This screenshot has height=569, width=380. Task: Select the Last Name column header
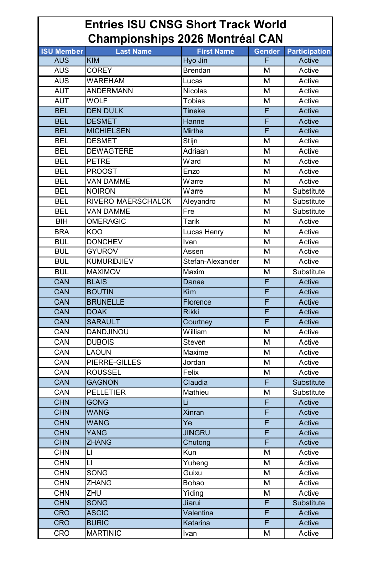pos(133,51)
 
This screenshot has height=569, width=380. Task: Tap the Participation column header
pos(309,51)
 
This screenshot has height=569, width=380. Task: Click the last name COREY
pos(99,70)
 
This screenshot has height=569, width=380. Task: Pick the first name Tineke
pos(194,111)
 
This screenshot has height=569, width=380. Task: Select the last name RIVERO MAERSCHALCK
pos(129,201)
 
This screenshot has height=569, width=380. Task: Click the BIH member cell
pos(62,221)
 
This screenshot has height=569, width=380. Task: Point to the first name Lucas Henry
pos(203,232)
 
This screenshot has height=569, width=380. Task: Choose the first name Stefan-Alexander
pos(211,261)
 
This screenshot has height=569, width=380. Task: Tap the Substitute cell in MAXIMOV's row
pos(309,272)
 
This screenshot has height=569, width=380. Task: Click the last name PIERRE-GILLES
pos(114,362)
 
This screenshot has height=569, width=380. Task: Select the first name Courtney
pos(198,322)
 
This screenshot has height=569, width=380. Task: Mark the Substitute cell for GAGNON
pos(309,382)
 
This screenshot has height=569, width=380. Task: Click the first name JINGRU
pos(197,433)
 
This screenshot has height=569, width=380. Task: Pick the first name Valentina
pos(198,513)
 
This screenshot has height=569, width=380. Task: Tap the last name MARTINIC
pos(104,533)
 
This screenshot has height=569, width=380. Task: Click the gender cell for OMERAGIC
pos(267,221)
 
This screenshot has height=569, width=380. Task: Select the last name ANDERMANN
pos(110,91)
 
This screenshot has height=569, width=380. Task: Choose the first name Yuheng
pos(196,463)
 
